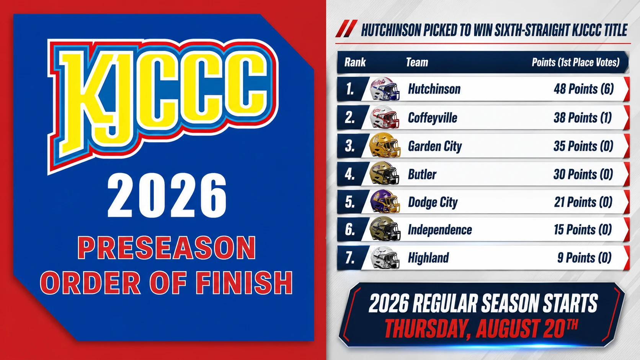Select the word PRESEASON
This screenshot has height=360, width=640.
[x=167, y=248]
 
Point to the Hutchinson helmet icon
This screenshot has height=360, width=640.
[x=385, y=89]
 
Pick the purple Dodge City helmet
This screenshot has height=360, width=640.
[x=385, y=201]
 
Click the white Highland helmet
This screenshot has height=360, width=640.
[x=385, y=257]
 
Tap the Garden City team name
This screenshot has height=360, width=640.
[x=434, y=146]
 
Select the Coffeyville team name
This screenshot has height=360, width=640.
[x=433, y=118]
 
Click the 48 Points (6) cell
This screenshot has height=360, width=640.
[x=583, y=89]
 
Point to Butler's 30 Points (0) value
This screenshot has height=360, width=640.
[x=583, y=174]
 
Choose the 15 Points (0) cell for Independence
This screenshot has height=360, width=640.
[x=583, y=230]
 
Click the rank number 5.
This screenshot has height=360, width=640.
[x=350, y=202]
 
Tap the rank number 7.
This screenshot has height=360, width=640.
[x=350, y=258]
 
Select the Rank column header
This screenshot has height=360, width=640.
[x=355, y=62]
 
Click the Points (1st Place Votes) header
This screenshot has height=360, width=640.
[x=575, y=62]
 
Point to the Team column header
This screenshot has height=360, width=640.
[x=417, y=62]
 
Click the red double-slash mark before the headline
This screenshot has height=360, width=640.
[x=346, y=29]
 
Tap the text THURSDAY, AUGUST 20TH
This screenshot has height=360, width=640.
[x=481, y=328]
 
